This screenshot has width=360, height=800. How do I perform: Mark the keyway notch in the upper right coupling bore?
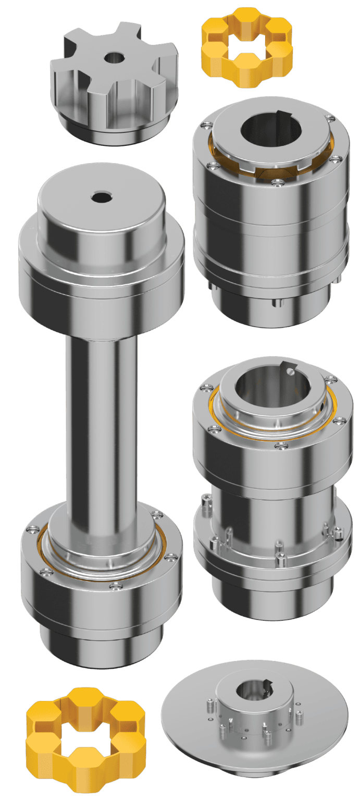pyautogui.click(x=284, y=116)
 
